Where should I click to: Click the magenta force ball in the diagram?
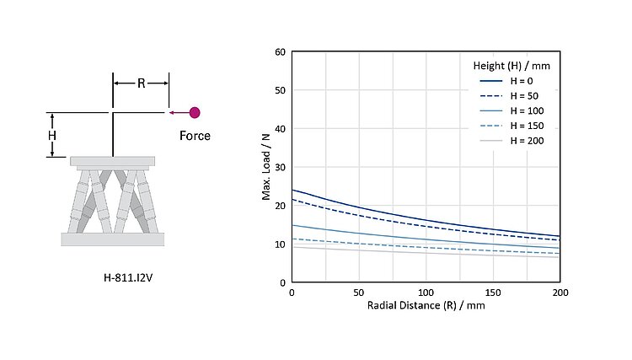[195, 112]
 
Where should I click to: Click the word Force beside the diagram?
[195, 135]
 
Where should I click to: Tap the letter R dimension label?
[142, 83]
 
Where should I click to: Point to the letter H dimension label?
[51, 135]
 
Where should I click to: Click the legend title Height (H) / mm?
[510, 64]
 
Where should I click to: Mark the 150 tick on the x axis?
[493, 292]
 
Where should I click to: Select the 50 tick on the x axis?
[359, 292]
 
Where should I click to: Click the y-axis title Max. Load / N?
[265, 167]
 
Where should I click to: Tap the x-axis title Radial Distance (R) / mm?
[426, 305]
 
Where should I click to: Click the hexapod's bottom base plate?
[112, 239]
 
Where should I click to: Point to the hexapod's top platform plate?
[112, 161]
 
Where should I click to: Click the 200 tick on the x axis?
[560, 292]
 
